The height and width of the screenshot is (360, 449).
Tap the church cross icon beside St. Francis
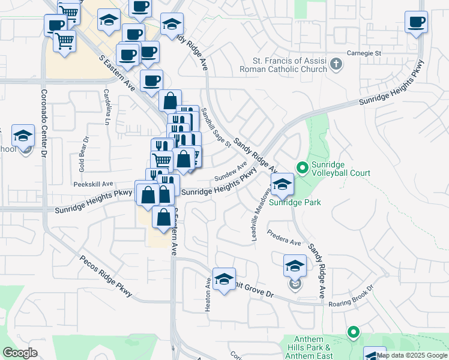pyautogui.click(x=336, y=63)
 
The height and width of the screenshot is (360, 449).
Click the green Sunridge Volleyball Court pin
pyautogui.click(x=302, y=167)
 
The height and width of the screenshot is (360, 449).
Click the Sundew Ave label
pyautogui.click(x=231, y=172)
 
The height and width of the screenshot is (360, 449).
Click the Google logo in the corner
pyautogui.click(x=20, y=352)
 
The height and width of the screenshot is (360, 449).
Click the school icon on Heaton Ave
pyautogui.click(x=224, y=279)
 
